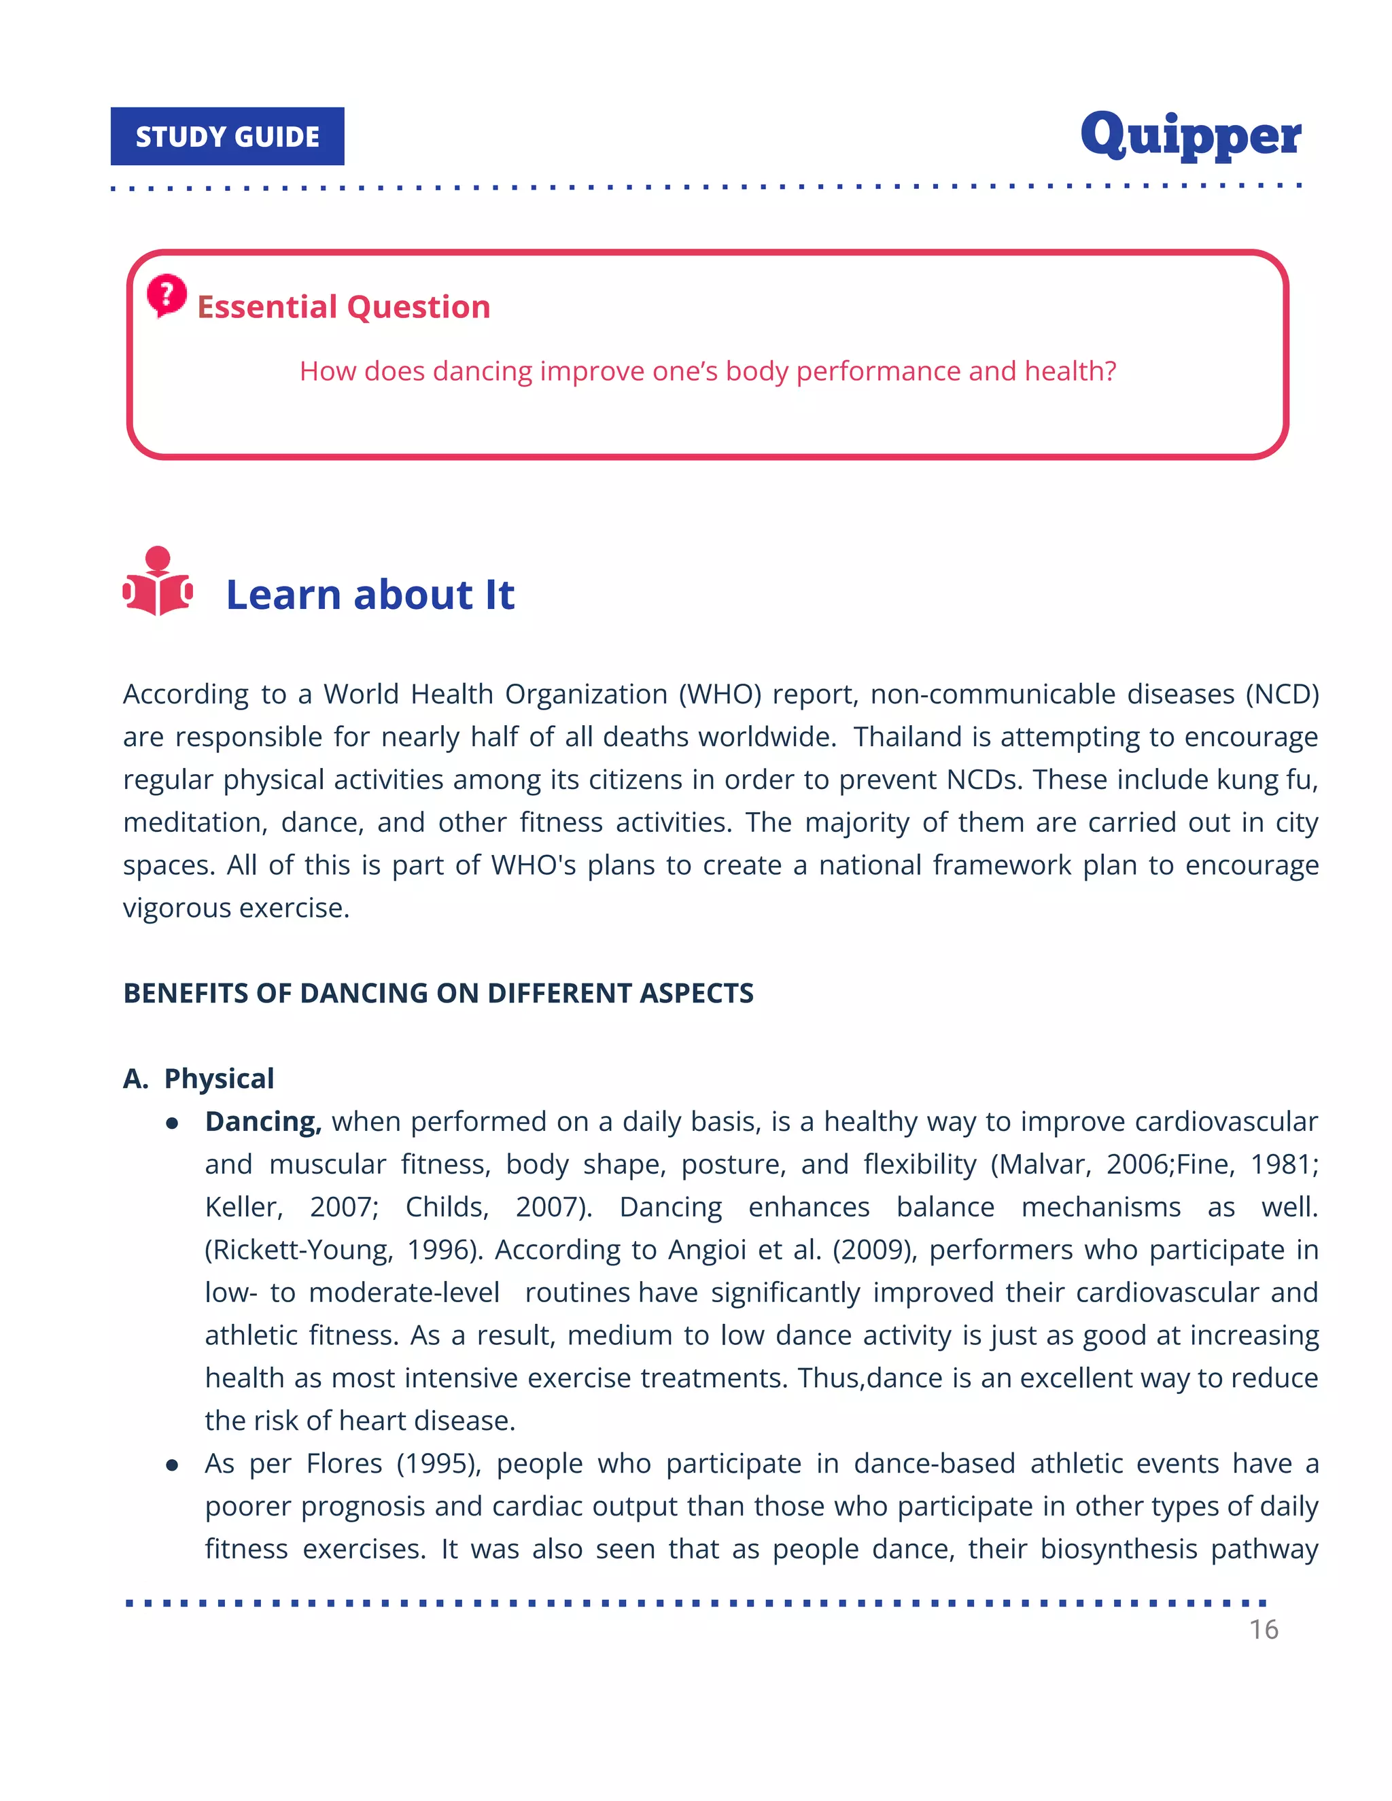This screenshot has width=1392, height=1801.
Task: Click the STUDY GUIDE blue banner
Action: pyautogui.click(x=227, y=136)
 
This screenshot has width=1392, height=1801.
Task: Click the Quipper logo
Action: pyautogui.click(x=1190, y=136)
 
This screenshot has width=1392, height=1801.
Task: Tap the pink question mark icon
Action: pyautogui.click(x=167, y=294)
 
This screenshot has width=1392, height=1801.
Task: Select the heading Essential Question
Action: pyautogui.click(x=343, y=307)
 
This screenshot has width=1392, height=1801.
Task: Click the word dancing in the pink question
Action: pyautogui.click(x=483, y=371)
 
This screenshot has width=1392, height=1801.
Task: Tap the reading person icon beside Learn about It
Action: pyautogui.click(x=158, y=581)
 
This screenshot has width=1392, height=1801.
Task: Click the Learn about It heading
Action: pyautogui.click(x=370, y=595)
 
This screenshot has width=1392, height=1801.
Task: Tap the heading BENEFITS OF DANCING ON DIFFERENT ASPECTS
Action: pyautogui.click(x=438, y=993)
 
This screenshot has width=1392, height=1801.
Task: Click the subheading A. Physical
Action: pyautogui.click(x=198, y=1079)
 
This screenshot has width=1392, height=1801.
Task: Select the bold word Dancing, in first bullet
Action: pyautogui.click(x=263, y=1121)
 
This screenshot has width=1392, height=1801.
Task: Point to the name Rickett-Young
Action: pyautogui.click(x=298, y=1250)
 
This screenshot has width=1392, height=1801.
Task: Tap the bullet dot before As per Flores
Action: pyautogui.click(x=173, y=1465)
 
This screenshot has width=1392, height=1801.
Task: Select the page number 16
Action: pyautogui.click(x=1263, y=1630)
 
